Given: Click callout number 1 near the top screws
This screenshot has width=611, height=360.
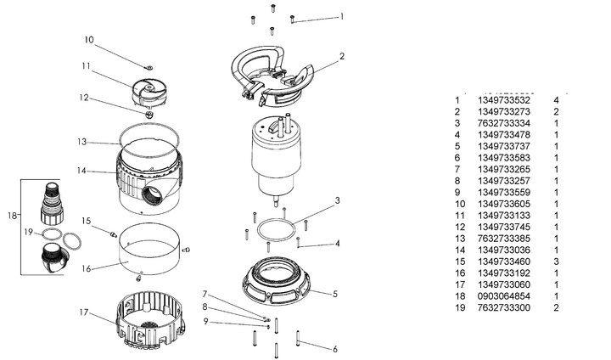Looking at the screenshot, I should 341,16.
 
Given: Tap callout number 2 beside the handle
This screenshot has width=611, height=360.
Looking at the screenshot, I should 341,57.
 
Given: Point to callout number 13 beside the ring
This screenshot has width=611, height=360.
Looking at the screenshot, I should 81,141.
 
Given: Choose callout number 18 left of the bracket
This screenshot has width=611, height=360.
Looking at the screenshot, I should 12,216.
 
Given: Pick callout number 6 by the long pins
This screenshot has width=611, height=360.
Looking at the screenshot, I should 334,348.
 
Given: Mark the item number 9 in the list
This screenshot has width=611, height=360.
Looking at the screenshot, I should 457,193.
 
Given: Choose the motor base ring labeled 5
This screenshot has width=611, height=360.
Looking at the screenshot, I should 279,284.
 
